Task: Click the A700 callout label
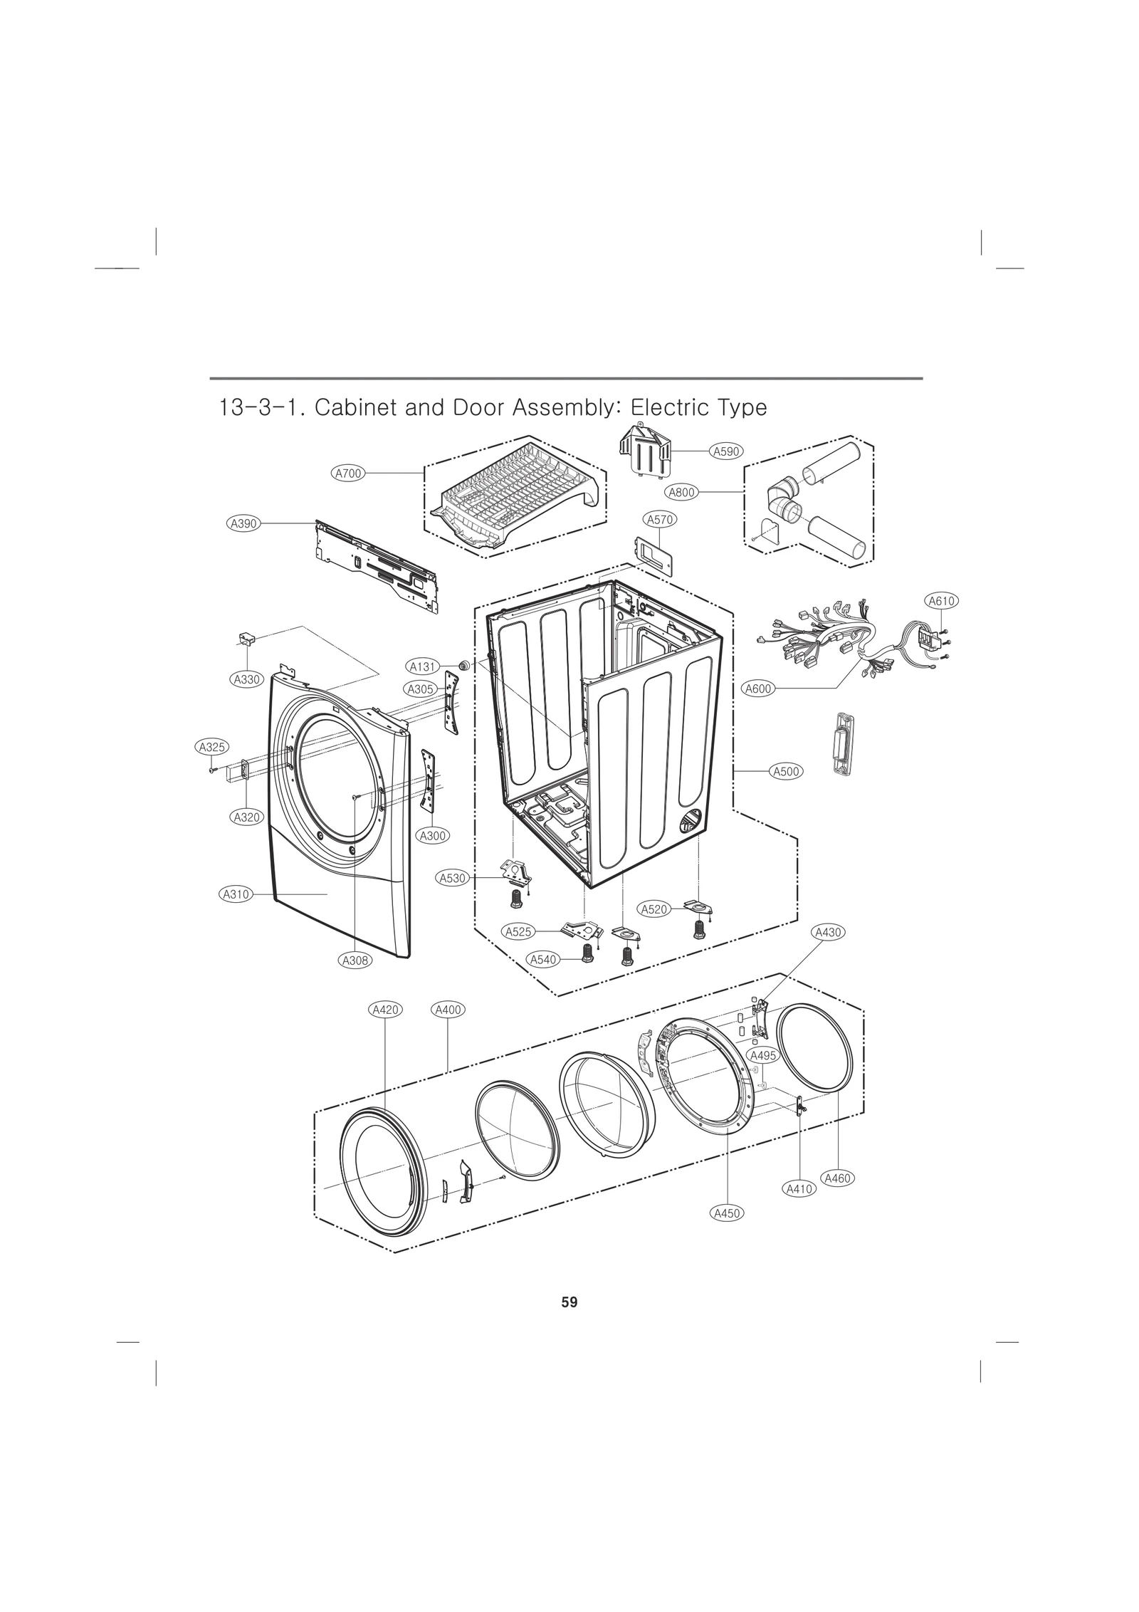349,472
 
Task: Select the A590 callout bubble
727,451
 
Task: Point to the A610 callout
941,601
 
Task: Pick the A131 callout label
423,666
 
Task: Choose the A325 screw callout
211,747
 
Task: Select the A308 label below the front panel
355,961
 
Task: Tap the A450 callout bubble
727,1213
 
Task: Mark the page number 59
569,1302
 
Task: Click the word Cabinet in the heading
352,408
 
